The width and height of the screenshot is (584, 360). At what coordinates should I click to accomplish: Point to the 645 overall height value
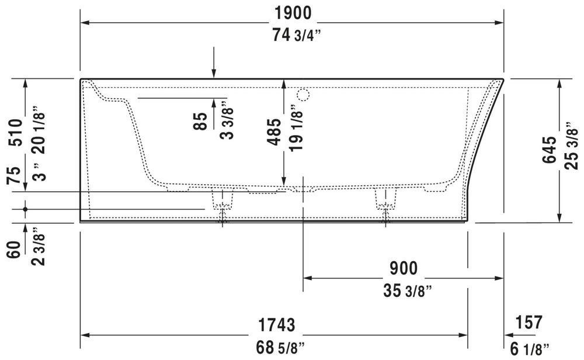(548, 150)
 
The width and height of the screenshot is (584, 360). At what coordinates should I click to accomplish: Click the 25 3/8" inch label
(572, 150)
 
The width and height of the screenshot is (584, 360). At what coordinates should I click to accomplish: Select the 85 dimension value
(200, 122)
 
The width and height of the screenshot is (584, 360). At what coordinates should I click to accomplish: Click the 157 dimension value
(528, 322)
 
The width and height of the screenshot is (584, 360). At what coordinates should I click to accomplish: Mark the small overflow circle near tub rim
(303, 94)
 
